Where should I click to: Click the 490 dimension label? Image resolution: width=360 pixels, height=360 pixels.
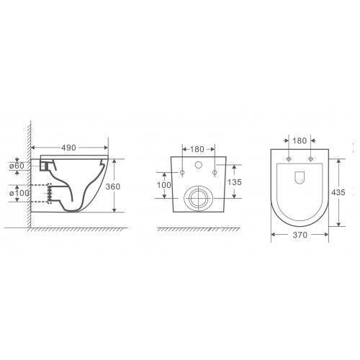coord(68,148)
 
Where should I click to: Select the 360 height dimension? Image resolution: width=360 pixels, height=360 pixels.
coord(113,186)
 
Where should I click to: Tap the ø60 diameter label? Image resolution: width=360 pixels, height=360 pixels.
coord(17,166)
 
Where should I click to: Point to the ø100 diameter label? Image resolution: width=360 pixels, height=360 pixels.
coord(19,193)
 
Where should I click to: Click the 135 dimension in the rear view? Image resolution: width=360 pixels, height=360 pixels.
coord(234,182)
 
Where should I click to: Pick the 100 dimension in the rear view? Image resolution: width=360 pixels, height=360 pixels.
coord(164,185)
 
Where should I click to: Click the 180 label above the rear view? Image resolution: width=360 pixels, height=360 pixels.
coord(197,149)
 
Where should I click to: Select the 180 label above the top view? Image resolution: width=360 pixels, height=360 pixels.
coord(300,140)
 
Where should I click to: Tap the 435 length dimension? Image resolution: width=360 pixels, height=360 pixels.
coord(338,192)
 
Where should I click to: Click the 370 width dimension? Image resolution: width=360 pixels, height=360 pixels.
coord(300,235)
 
